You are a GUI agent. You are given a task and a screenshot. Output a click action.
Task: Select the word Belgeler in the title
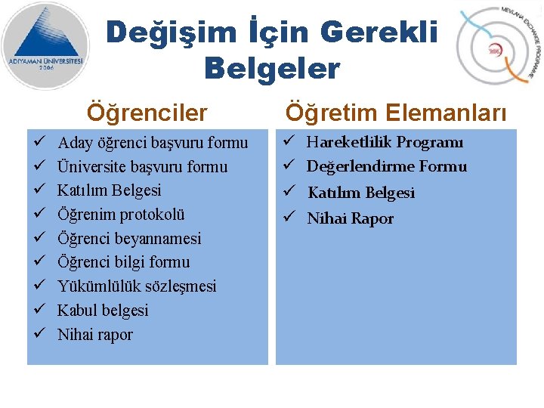pos(272,69)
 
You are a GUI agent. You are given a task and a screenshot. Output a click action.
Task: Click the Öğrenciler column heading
pos(147,113)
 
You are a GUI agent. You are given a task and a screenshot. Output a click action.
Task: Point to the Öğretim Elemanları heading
pos(395,113)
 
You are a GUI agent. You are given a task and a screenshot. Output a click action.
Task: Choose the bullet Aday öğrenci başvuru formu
pos(153,142)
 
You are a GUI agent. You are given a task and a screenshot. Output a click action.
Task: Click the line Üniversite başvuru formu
pos(142,166)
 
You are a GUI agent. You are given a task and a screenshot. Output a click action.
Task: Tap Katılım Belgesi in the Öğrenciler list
pos(110,190)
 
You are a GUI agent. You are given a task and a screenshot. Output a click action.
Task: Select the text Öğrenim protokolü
pos(121,215)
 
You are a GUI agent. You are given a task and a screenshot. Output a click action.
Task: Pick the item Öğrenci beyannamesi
pos(129,239)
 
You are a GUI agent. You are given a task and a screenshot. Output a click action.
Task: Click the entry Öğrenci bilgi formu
pos(124,262)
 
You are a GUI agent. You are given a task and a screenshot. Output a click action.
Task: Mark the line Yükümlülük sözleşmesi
pos(137,286)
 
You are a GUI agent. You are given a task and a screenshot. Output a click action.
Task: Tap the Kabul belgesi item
pos(103,311)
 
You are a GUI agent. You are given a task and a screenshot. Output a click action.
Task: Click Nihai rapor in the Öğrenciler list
pos(95,335)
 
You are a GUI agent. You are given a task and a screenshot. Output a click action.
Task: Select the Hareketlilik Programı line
pos(385,142)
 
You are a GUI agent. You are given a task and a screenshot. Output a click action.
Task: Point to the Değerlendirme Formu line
pos(386,166)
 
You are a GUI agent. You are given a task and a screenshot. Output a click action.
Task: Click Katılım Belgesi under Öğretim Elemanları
pos(361,193)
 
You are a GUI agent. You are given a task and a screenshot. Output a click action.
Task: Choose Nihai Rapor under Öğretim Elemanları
pos(350,219)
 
